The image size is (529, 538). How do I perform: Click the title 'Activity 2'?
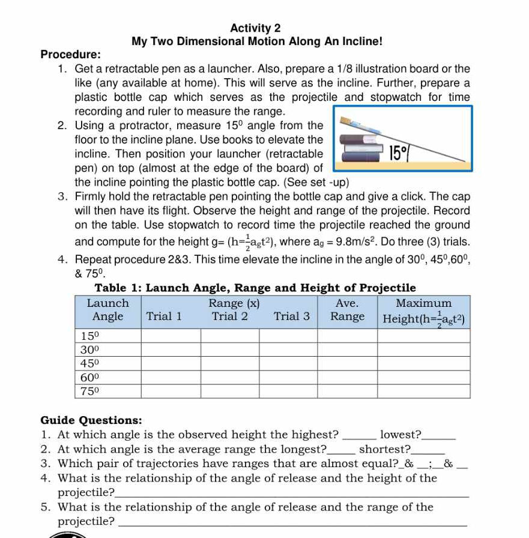pos(255,28)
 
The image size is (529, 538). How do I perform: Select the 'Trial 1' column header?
pos(164,316)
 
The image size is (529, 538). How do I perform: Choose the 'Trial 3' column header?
pos(292,316)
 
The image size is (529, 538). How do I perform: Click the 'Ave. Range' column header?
pos(347,310)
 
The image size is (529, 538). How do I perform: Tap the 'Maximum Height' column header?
pos(424,310)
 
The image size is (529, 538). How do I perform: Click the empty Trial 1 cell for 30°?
pos(171,349)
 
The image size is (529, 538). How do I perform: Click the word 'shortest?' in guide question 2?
pos(384,449)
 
